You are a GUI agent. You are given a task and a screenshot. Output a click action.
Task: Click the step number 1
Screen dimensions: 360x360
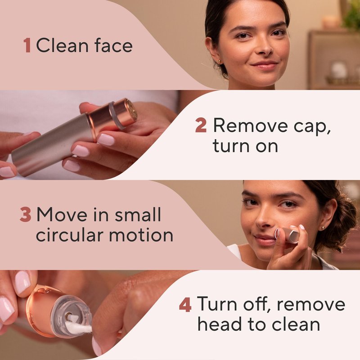tap(27, 45)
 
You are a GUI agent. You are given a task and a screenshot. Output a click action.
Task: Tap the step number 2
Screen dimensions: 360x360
tap(201, 126)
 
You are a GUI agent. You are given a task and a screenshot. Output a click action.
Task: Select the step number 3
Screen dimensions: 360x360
tap(25, 215)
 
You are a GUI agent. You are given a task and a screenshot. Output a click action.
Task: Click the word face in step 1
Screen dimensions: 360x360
tap(113, 45)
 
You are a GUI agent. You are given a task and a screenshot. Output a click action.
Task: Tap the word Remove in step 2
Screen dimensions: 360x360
tap(251, 126)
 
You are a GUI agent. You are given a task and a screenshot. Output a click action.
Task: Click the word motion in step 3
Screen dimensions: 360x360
tap(141, 234)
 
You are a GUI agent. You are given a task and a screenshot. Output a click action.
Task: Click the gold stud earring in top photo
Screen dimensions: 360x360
tap(220, 62)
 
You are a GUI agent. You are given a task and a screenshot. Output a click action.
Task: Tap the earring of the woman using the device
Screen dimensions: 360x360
tap(323, 228)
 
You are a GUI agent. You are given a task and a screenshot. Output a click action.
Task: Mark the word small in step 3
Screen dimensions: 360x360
tap(138, 215)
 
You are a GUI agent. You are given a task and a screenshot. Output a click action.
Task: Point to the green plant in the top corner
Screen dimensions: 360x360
tap(351, 14)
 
